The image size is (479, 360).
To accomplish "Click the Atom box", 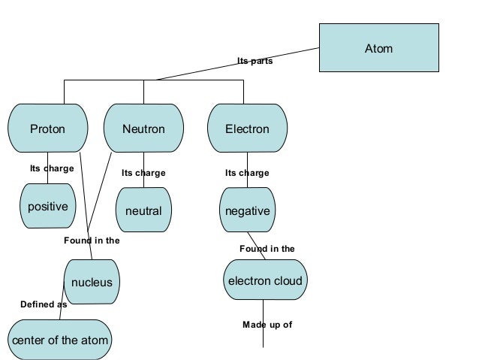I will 378,49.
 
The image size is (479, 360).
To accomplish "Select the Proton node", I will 47,129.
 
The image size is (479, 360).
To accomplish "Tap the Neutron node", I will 143,129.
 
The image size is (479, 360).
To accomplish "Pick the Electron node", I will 247,129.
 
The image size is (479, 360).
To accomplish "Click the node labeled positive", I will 47,206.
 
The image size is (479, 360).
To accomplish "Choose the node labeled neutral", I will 143,210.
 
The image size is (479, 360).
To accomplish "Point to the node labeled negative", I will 247,210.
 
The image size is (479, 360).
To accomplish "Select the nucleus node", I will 92,283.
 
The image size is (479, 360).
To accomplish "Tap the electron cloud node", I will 265,281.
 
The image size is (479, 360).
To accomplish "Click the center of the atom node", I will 59,340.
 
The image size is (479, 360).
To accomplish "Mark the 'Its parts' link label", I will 255,62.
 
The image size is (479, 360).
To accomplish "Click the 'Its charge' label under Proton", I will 52,168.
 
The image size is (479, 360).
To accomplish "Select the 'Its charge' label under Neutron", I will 143,173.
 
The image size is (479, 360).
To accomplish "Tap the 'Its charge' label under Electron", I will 247,173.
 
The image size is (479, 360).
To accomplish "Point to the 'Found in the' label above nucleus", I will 92,241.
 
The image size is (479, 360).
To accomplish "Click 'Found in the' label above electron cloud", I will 267,248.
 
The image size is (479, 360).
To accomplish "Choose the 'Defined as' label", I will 44,304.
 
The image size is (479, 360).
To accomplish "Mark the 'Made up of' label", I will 267,325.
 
